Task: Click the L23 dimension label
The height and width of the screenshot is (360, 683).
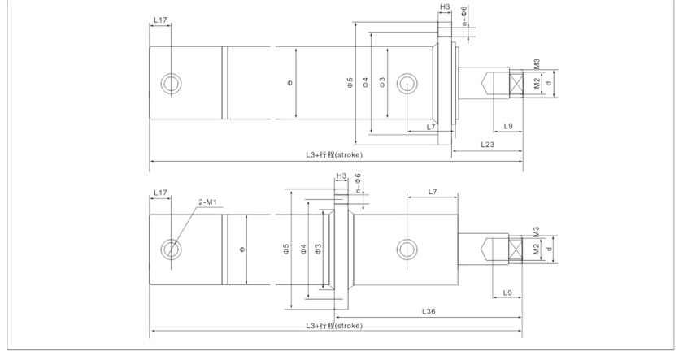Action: [487, 144]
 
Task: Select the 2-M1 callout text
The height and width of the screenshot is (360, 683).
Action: [208, 202]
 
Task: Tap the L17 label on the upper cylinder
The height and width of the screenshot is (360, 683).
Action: [160, 20]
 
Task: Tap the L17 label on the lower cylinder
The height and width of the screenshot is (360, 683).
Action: [160, 193]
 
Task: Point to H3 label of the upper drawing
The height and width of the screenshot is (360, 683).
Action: [445, 7]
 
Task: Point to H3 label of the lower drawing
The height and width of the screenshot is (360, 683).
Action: [341, 176]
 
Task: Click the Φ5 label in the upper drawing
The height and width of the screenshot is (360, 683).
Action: [350, 82]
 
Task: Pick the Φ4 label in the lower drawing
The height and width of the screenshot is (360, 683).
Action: [302, 248]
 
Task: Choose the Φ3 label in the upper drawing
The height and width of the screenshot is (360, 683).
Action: [382, 82]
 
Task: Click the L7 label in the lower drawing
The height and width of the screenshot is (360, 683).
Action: [433, 192]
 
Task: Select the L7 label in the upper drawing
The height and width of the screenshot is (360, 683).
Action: [431, 127]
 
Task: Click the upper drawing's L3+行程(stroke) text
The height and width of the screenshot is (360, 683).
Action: [333, 154]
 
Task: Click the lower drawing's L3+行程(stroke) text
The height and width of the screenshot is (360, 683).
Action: [333, 325]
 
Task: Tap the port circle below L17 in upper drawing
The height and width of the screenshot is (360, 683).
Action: [172, 83]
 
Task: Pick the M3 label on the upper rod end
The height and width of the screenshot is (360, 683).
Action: [537, 63]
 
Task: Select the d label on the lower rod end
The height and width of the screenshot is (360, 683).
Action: [550, 248]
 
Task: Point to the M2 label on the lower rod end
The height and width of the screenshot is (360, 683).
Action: [537, 249]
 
